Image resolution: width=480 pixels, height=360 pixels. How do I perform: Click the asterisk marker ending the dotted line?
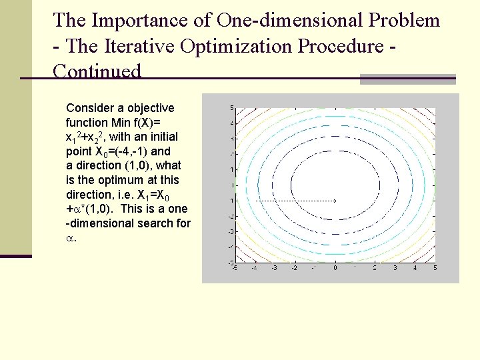pos(335,200)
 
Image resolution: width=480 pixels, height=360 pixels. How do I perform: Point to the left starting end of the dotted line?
pos(256,200)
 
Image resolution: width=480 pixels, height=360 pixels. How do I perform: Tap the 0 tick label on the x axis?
pos(335,268)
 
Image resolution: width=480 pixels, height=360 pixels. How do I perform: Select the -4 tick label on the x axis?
pos(254,268)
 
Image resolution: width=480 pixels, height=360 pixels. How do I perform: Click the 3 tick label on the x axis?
pos(395,268)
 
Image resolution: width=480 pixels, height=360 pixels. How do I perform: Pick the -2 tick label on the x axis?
pos(294,268)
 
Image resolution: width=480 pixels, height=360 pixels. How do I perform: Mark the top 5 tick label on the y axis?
pos(231,107)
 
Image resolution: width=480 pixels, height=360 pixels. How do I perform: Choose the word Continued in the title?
pos(97,71)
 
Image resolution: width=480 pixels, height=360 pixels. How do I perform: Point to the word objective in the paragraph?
pos(150,108)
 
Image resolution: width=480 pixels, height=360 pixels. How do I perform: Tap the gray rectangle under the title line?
pos(407,79)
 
